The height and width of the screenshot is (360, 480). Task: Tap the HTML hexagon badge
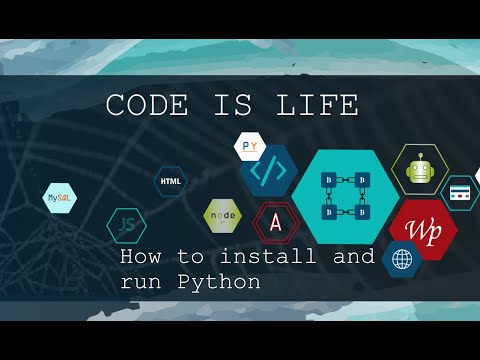[172, 182]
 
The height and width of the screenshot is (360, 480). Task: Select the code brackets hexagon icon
[268, 172]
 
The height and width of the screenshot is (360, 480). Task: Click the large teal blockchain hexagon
[345, 196]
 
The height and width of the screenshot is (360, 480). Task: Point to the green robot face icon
[420, 169]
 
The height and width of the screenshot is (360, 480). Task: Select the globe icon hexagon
[401, 259]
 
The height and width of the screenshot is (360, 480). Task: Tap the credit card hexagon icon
[460, 192]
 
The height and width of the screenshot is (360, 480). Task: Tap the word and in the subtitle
[353, 257]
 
